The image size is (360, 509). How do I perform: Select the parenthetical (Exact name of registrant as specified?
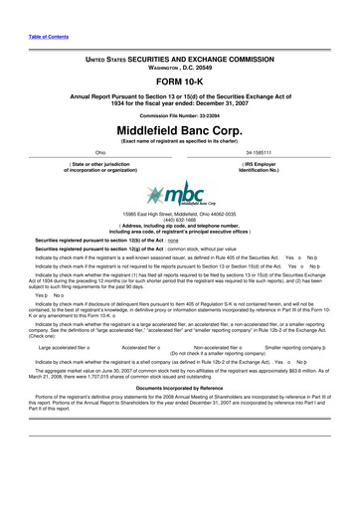pos(179,142)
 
